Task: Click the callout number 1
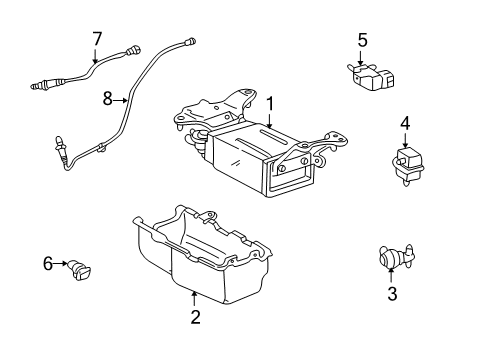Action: coord(270,104)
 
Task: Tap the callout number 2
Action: coord(195,317)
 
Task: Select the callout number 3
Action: coord(392,294)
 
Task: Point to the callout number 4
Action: coord(405,123)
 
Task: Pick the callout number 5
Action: coord(363,40)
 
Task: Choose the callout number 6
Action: coord(48,263)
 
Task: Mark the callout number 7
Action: coord(97,39)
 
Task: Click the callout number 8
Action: coord(107,99)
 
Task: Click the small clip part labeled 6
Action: coord(79,270)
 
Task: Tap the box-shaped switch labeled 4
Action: coord(408,166)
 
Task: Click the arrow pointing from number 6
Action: coord(60,263)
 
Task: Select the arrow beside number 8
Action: coord(120,100)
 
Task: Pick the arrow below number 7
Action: coord(95,56)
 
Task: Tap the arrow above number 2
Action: coord(194,298)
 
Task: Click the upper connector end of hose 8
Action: coord(190,41)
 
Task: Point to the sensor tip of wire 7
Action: coord(38,86)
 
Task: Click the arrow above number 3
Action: coord(391,275)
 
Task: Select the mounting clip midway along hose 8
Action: coord(100,148)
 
